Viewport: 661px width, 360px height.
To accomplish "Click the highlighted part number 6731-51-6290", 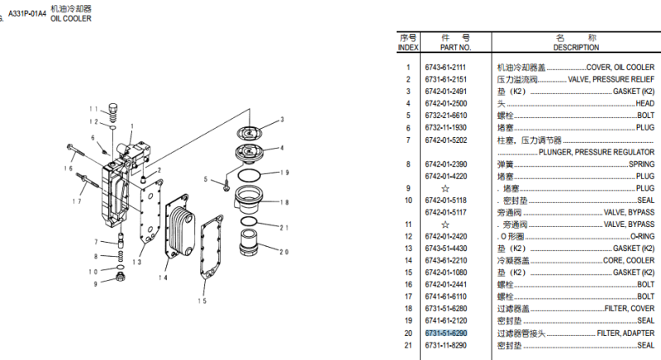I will click(x=446, y=333).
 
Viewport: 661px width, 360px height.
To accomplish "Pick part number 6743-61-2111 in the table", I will click(x=445, y=67).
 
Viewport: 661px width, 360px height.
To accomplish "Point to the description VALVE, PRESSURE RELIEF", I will click(x=611, y=79).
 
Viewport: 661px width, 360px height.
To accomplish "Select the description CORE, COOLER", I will click(x=629, y=260).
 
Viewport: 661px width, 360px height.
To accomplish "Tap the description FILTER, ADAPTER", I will click(x=625, y=333).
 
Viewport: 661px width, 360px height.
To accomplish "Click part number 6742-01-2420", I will click(x=445, y=236).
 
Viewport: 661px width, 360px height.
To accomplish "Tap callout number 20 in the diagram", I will click(x=284, y=252).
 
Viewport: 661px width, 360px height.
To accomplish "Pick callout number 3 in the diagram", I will click(x=281, y=121).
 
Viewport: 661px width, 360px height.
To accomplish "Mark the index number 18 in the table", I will click(x=408, y=308).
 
